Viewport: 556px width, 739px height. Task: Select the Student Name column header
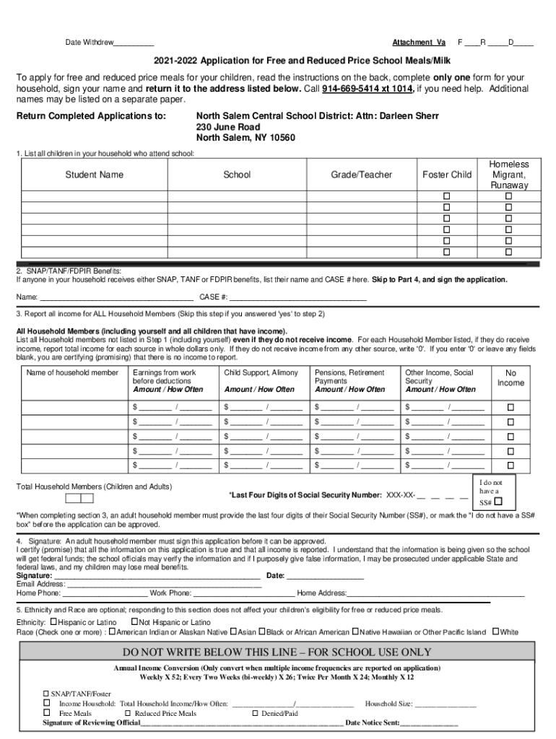(95, 175)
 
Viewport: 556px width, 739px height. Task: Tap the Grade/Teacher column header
(361, 175)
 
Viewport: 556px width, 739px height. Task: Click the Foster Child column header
(447, 175)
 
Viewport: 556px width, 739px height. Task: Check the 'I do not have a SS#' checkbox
(498, 502)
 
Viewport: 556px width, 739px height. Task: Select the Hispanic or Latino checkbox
(53, 622)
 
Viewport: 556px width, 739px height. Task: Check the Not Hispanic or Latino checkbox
(134, 622)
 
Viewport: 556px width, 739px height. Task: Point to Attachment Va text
(419, 43)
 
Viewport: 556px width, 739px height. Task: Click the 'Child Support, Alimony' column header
(261, 372)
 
